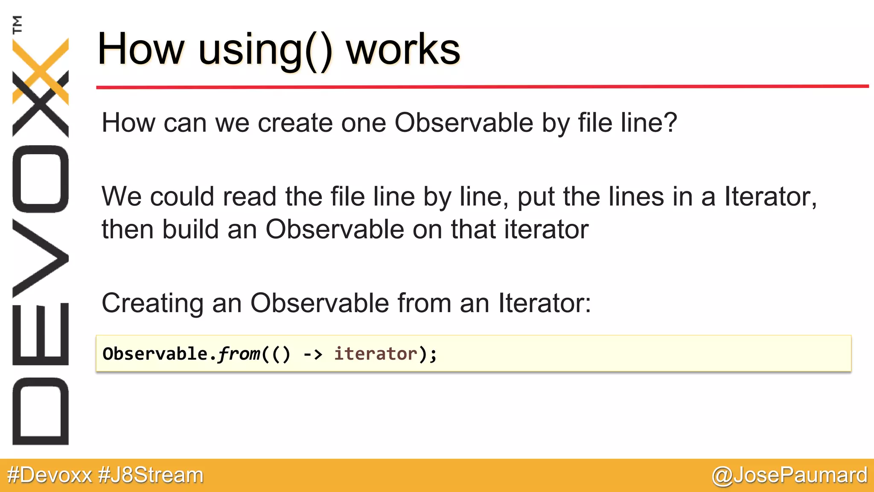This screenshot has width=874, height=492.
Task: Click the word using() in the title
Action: (265, 50)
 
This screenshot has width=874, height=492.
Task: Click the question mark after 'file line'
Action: (670, 123)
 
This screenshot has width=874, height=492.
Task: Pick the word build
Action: (190, 229)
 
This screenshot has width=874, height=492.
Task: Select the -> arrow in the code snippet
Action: (312, 354)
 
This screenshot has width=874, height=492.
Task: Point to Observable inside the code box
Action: (155, 354)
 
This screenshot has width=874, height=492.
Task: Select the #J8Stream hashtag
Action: (151, 475)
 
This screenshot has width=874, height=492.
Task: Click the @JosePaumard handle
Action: (790, 475)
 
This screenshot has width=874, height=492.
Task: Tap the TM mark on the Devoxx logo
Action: (17, 24)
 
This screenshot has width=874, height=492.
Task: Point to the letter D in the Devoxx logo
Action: (41, 411)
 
